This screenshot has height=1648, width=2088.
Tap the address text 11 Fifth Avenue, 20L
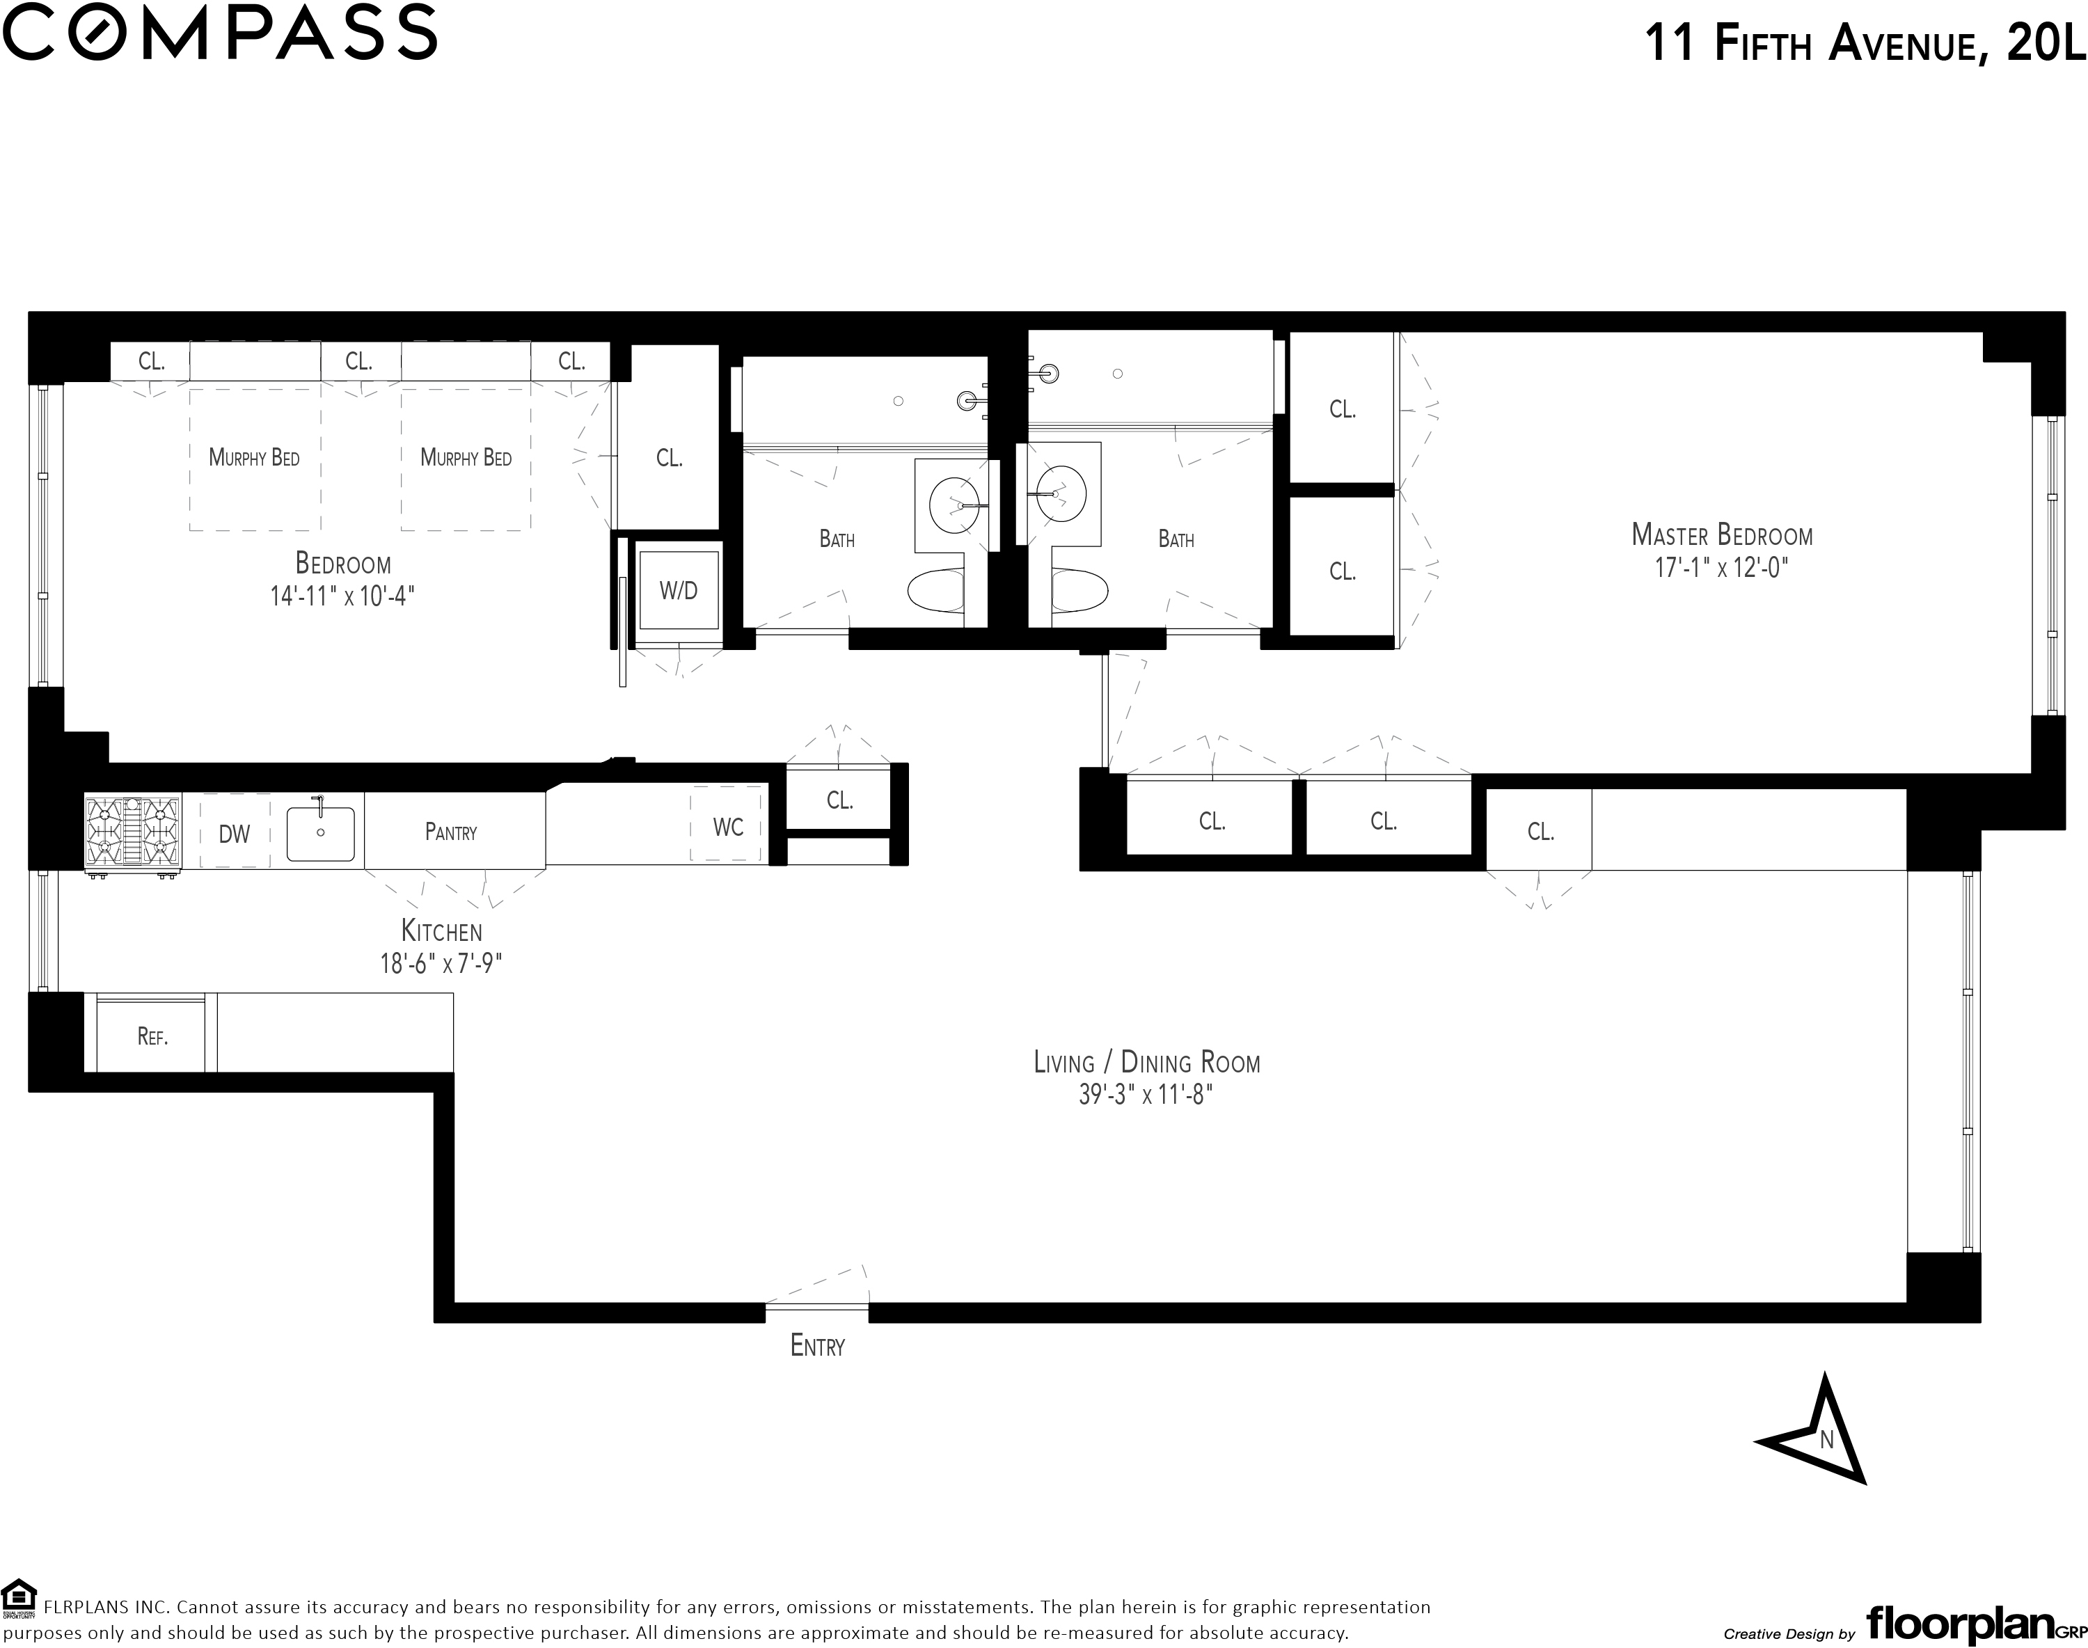click(1863, 45)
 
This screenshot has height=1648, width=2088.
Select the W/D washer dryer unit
click(679, 590)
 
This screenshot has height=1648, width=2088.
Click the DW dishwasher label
click(235, 834)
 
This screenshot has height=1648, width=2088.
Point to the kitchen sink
click(320, 832)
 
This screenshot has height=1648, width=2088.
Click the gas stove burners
click(133, 832)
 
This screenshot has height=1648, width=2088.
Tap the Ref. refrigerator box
click(152, 1037)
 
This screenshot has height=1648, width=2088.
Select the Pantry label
click(450, 832)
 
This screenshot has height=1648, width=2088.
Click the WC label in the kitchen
click(727, 827)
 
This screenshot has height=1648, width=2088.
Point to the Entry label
click(817, 1346)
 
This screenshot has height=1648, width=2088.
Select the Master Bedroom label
click(1721, 534)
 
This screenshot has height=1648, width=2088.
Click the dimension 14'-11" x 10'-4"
click(342, 595)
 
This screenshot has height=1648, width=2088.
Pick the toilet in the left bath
click(936, 590)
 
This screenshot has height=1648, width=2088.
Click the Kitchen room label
click(441, 931)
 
